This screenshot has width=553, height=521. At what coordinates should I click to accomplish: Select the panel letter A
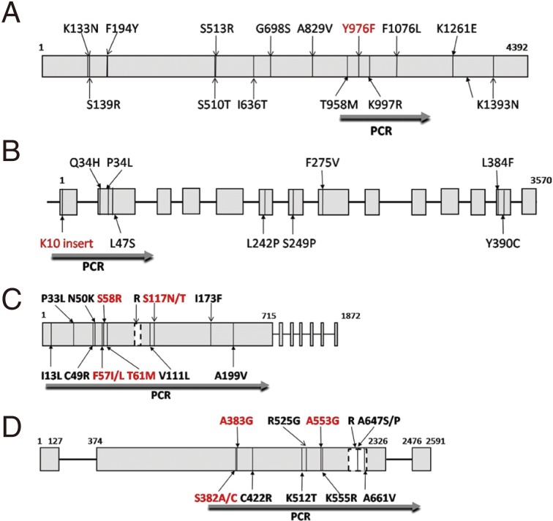[x=13, y=14]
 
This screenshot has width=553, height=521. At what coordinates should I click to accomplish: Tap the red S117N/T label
[x=166, y=299]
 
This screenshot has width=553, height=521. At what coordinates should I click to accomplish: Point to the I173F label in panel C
[x=211, y=299]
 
